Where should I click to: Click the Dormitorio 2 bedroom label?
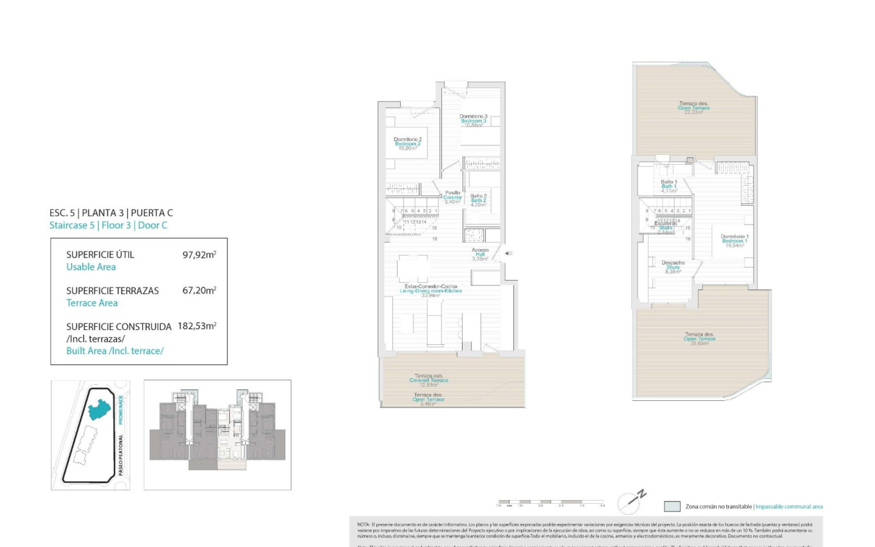[407, 144]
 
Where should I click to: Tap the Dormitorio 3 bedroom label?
[473, 120]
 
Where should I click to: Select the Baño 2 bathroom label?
[478, 200]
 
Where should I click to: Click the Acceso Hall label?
[480, 254]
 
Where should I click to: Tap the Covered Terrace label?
[428, 380]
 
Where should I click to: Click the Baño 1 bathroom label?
[669, 186]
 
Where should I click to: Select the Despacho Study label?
[673, 267]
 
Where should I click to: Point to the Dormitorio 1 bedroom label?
[734, 241]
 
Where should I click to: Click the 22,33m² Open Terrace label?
[694, 107]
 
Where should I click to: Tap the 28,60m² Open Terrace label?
[699, 338]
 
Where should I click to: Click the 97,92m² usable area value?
[199, 255]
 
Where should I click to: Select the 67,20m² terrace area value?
[199, 291]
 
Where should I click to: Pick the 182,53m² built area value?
[197, 326]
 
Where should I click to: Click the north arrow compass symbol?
[631, 502]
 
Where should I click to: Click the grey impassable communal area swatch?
[672, 506]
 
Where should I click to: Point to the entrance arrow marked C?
[507, 254]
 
